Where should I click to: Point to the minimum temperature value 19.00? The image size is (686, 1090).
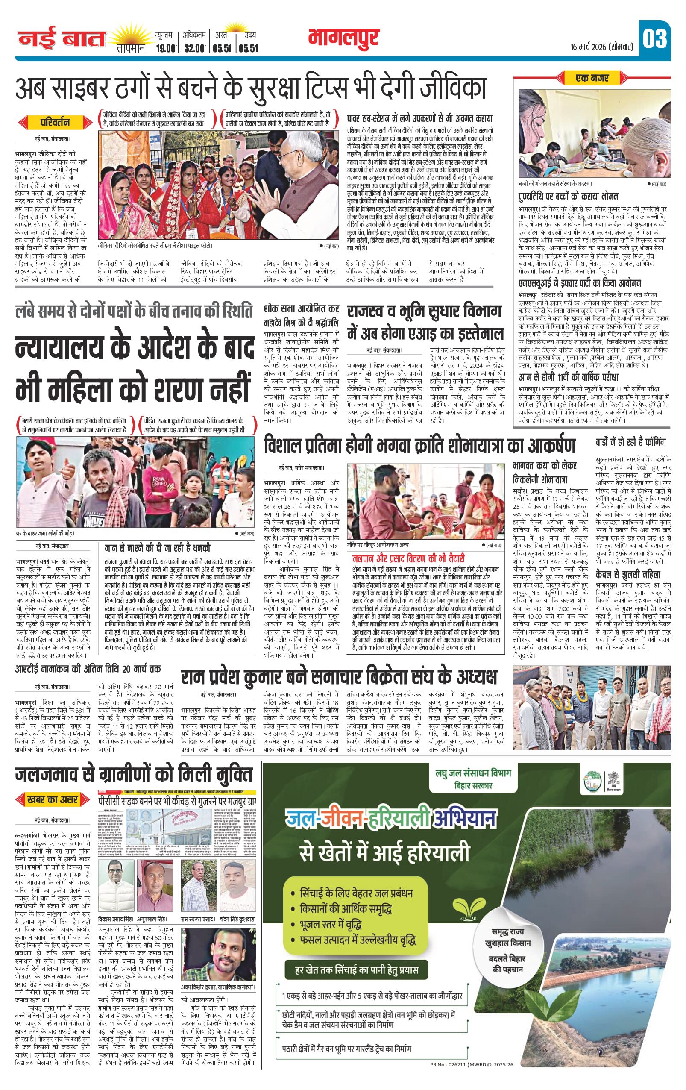click(x=164, y=48)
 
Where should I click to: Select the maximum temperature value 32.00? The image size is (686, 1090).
click(x=195, y=48)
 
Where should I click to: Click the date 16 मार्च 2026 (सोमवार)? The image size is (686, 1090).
click(x=601, y=47)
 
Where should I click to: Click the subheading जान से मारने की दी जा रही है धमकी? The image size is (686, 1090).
click(x=157, y=547)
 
